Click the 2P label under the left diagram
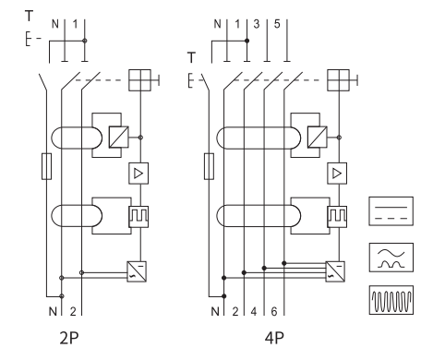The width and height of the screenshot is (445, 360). [x=69, y=338]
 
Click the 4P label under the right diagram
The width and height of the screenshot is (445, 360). [x=274, y=338]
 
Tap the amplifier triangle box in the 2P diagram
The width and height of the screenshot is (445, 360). [x=138, y=174]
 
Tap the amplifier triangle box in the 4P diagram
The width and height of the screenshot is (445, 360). [x=337, y=174]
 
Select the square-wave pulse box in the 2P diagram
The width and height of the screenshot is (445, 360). [x=138, y=217]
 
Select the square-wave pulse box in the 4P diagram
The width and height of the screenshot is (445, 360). [x=337, y=217]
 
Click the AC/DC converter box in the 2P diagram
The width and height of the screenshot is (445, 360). [x=137, y=271]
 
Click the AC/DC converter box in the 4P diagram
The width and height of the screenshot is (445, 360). [x=335, y=271]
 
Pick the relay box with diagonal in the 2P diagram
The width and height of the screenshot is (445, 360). [x=119, y=137]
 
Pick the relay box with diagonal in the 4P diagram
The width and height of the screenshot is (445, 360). [x=318, y=137]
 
